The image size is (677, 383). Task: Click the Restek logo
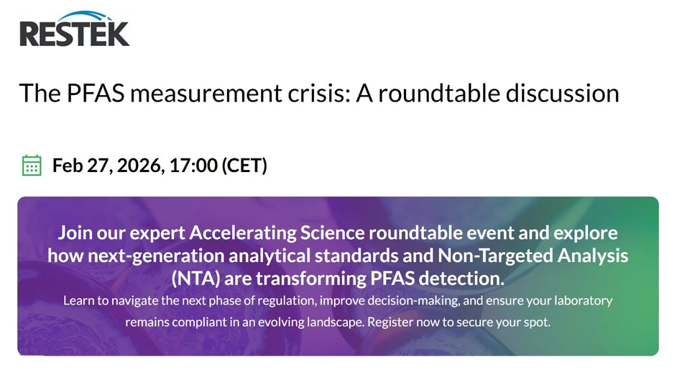point(74,30)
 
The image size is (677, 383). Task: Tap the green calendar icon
point(32,165)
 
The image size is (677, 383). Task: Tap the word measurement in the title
point(202,93)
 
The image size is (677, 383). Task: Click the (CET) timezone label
point(244,166)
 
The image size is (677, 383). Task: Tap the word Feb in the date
point(67,166)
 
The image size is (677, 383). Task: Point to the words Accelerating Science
point(277,233)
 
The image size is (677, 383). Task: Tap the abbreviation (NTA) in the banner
point(195,278)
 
